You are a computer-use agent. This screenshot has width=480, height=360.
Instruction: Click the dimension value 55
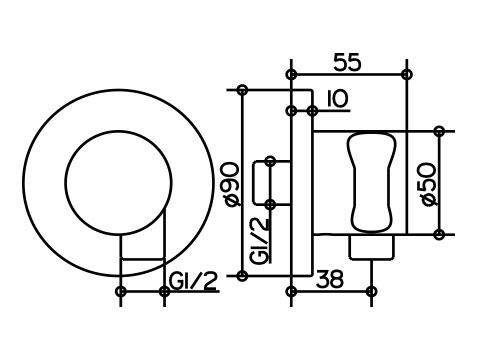click(x=347, y=62)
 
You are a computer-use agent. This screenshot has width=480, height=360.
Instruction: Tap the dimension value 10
click(x=337, y=99)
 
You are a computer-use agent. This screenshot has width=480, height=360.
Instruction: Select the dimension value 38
click(x=329, y=279)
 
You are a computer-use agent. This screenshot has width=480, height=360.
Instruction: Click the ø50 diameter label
click(x=428, y=184)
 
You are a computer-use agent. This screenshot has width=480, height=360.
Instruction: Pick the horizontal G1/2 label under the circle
click(x=193, y=281)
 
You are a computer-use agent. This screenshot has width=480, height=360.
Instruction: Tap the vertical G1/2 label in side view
click(x=259, y=241)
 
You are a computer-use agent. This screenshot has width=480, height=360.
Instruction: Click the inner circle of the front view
click(x=119, y=130)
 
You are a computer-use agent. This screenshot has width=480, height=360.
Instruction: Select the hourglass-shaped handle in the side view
click(x=371, y=182)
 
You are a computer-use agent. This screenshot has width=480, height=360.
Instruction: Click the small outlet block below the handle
click(x=371, y=247)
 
